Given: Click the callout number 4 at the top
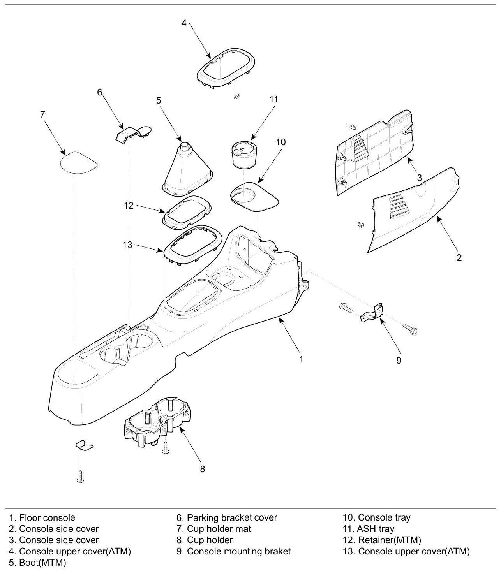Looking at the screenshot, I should (184, 23).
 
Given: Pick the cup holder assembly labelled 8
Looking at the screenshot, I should (158, 424).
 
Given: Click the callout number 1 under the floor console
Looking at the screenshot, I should (301, 359).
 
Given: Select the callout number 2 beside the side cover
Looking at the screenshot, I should (459, 257).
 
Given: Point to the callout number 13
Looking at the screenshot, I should (127, 245).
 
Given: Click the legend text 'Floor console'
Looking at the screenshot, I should (47, 518).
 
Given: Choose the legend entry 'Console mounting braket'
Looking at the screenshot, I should (238, 551).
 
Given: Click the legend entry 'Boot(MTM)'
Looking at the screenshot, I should (42, 563).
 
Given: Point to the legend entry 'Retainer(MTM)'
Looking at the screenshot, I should (389, 540).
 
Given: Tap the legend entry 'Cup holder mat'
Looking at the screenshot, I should (219, 529).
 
